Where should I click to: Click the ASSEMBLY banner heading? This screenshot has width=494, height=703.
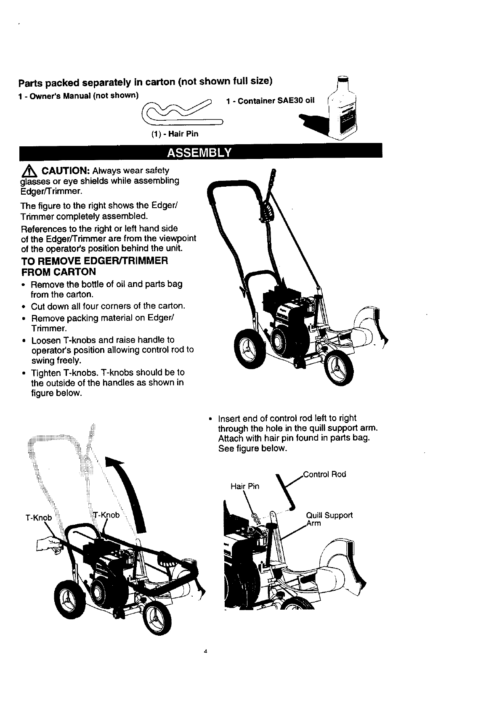tap(199, 152)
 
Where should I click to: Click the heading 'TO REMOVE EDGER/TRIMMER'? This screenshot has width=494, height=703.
tap(95, 261)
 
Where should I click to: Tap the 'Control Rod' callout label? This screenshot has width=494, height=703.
tap(324, 474)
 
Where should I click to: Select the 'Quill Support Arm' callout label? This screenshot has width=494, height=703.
tap(329, 519)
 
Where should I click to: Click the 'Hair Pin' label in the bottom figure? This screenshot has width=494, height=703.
tap(245, 486)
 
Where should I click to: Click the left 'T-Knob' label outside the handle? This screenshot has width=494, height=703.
tap(38, 518)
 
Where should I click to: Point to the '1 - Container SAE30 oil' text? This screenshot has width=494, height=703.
tap(270, 101)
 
